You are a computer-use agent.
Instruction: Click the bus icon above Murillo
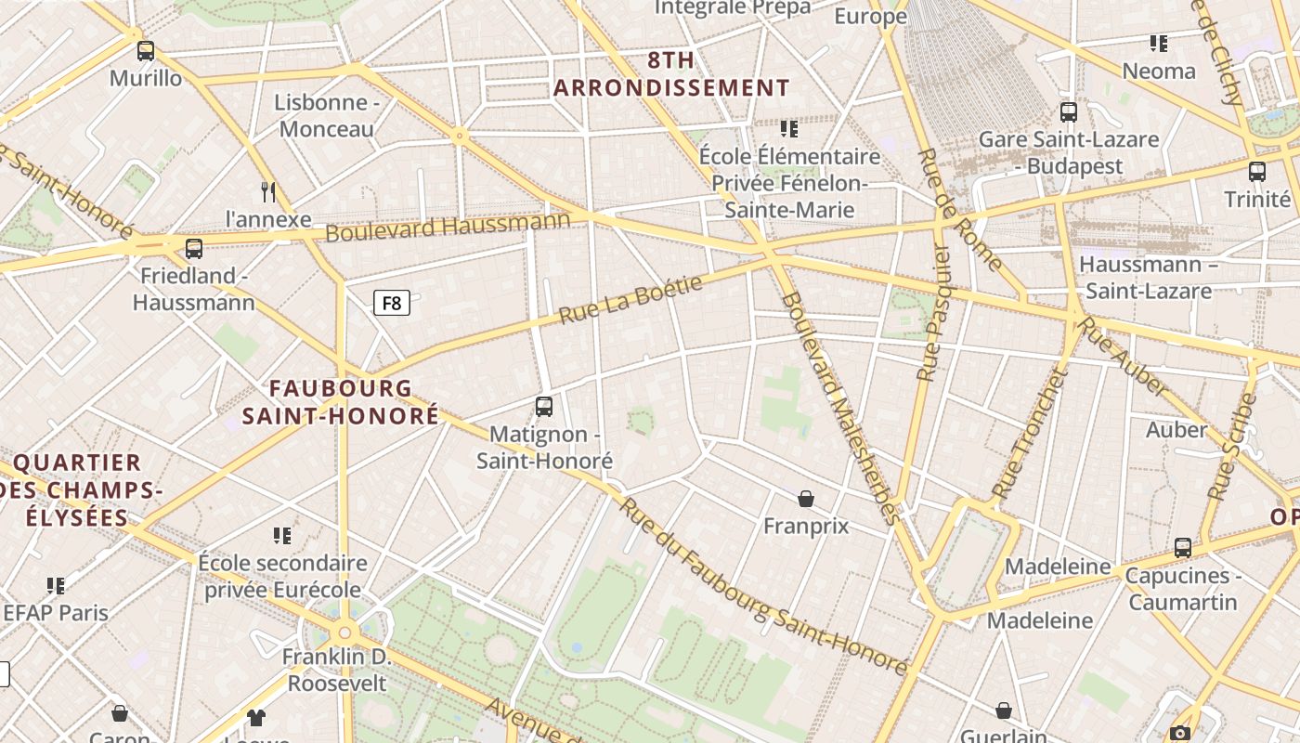pyautogui.click(x=146, y=50)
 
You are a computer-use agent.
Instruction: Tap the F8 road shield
pyautogui.click(x=392, y=303)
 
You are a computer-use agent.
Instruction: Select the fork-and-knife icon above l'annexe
pyautogui.click(x=268, y=192)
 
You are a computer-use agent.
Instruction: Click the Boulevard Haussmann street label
pyautogui.click(x=448, y=227)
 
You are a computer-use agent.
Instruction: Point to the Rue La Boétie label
pyautogui.click(x=630, y=299)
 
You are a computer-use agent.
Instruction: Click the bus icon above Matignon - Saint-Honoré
pyautogui.click(x=544, y=406)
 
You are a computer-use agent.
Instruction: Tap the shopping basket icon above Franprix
pyautogui.click(x=806, y=499)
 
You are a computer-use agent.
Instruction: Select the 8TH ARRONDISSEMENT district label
pyautogui.click(x=672, y=74)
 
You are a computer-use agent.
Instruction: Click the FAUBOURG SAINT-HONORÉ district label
pyautogui.click(x=341, y=401)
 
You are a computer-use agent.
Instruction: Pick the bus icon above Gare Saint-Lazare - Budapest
pyautogui.click(x=1069, y=112)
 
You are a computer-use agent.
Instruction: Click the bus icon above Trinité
pyautogui.click(x=1257, y=171)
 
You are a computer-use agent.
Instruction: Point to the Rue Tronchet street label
pyautogui.click(x=1027, y=435)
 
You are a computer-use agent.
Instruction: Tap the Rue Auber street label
pyautogui.click(x=1124, y=356)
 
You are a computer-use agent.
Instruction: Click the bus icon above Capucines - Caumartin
pyautogui.click(x=1183, y=547)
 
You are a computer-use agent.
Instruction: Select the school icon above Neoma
pyautogui.click(x=1158, y=43)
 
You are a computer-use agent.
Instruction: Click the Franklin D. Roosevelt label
pyautogui.click(x=337, y=670)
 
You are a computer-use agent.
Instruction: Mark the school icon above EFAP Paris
pyautogui.click(x=56, y=585)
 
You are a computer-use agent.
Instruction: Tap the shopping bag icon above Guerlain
pyautogui.click(x=1004, y=710)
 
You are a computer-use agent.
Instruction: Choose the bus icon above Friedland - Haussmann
pyautogui.click(x=194, y=248)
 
